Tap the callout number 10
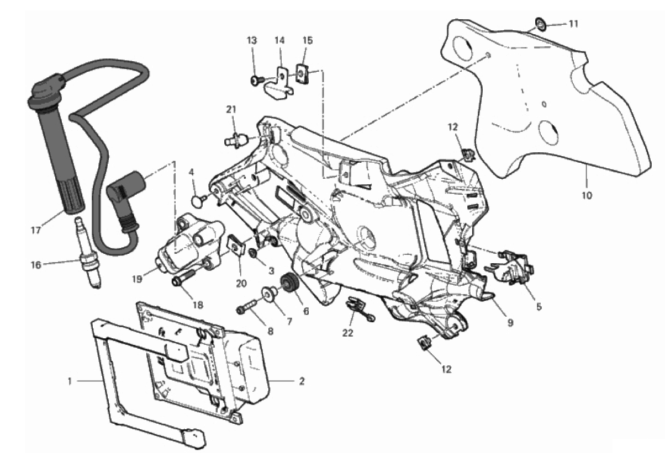(x=587, y=195)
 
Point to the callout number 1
(x=70, y=380)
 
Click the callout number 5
(x=539, y=305)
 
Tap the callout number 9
(x=510, y=323)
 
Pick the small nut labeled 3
(x=252, y=253)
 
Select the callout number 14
(x=279, y=40)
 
